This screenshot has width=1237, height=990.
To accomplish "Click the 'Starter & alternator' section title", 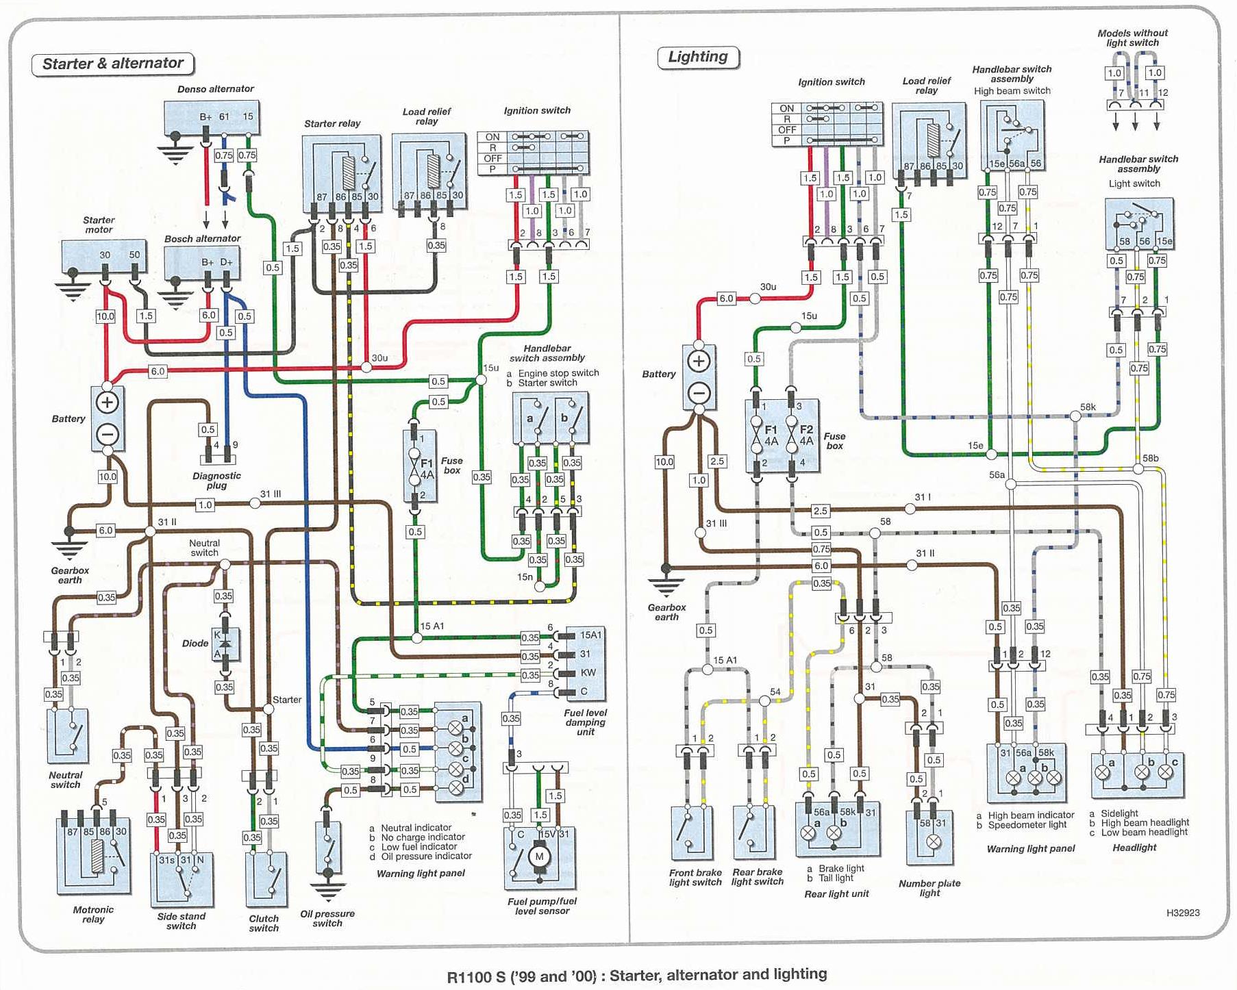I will click(x=113, y=64).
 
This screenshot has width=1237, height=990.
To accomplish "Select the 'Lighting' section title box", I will click(x=698, y=57).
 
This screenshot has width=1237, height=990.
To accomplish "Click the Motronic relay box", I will click(x=93, y=856).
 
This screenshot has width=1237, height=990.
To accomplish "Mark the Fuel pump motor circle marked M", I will click(x=539, y=856).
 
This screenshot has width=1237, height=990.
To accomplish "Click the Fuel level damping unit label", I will click(x=585, y=722).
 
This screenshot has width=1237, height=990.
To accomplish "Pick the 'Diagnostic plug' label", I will click(x=216, y=481).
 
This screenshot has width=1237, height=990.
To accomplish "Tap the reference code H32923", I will click(x=1183, y=913).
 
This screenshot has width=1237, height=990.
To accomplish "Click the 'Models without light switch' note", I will click(x=1132, y=38).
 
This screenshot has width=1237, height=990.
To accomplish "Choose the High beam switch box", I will click(x=1012, y=135).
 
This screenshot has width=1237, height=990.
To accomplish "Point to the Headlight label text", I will click(x=1134, y=848).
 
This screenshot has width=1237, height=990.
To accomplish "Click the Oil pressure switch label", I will click(x=327, y=918).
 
